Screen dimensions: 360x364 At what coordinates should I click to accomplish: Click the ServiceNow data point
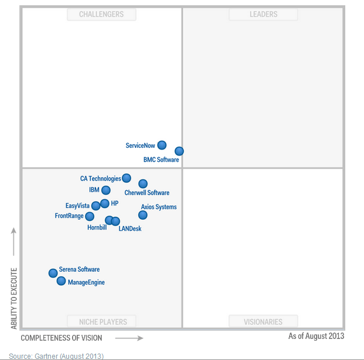pyautogui.click(x=162, y=145)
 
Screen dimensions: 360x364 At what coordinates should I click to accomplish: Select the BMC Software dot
pyautogui.click(x=179, y=151)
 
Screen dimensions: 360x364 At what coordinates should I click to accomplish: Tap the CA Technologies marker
pyautogui.click(x=126, y=178)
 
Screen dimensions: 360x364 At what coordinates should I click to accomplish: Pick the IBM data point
pyautogui.click(x=106, y=190)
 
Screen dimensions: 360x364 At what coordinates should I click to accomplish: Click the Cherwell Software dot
pyautogui.click(x=143, y=184)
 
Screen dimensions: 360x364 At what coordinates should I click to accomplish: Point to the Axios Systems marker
pyautogui.click(x=143, y=215)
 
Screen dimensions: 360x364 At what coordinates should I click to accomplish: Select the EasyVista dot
pyautogui.click(x=96, y=206)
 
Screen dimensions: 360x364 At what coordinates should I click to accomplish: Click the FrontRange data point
pyautogui.click(x=90, y=216)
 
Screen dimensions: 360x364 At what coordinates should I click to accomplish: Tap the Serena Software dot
pyautogui.click(x=53, y=273)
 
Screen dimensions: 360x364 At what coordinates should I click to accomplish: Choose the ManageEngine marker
pyautogui.click(x=61, y=281)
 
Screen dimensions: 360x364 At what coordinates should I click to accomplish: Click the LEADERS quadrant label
pyautogui.click(x=263, y=14)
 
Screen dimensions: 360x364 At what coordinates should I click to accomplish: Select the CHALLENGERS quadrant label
pyautogui.click(x=101, y=14)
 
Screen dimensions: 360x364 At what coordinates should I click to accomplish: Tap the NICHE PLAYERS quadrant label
pyautogui.click(x=101, y=321)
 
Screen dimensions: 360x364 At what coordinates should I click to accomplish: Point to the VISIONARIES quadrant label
pyautogui.click(x=263, y=321)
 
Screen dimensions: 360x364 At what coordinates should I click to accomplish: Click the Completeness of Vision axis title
pyautogui.click(x=61, y=338)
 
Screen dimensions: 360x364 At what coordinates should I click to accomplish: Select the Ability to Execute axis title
pyautogui.click(x=14, y=298)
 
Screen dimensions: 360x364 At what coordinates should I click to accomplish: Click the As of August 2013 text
pyautogui.click(x=316, y=336)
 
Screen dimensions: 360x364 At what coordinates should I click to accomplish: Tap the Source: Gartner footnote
pyautogui.click(x=56, y=356)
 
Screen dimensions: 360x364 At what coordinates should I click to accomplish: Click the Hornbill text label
pyautogui.click(x=97, y=227)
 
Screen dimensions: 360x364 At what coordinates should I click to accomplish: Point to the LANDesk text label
pyautogui.click(x=130, y=229)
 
